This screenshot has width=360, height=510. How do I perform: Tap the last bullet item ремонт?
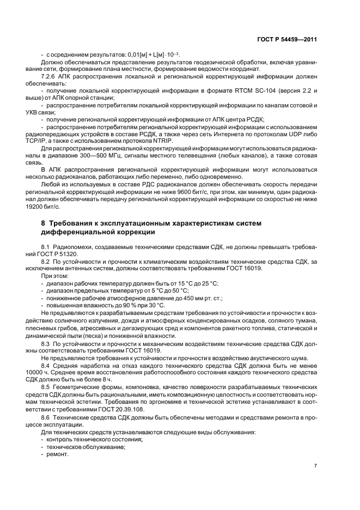[x=58, y=454]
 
